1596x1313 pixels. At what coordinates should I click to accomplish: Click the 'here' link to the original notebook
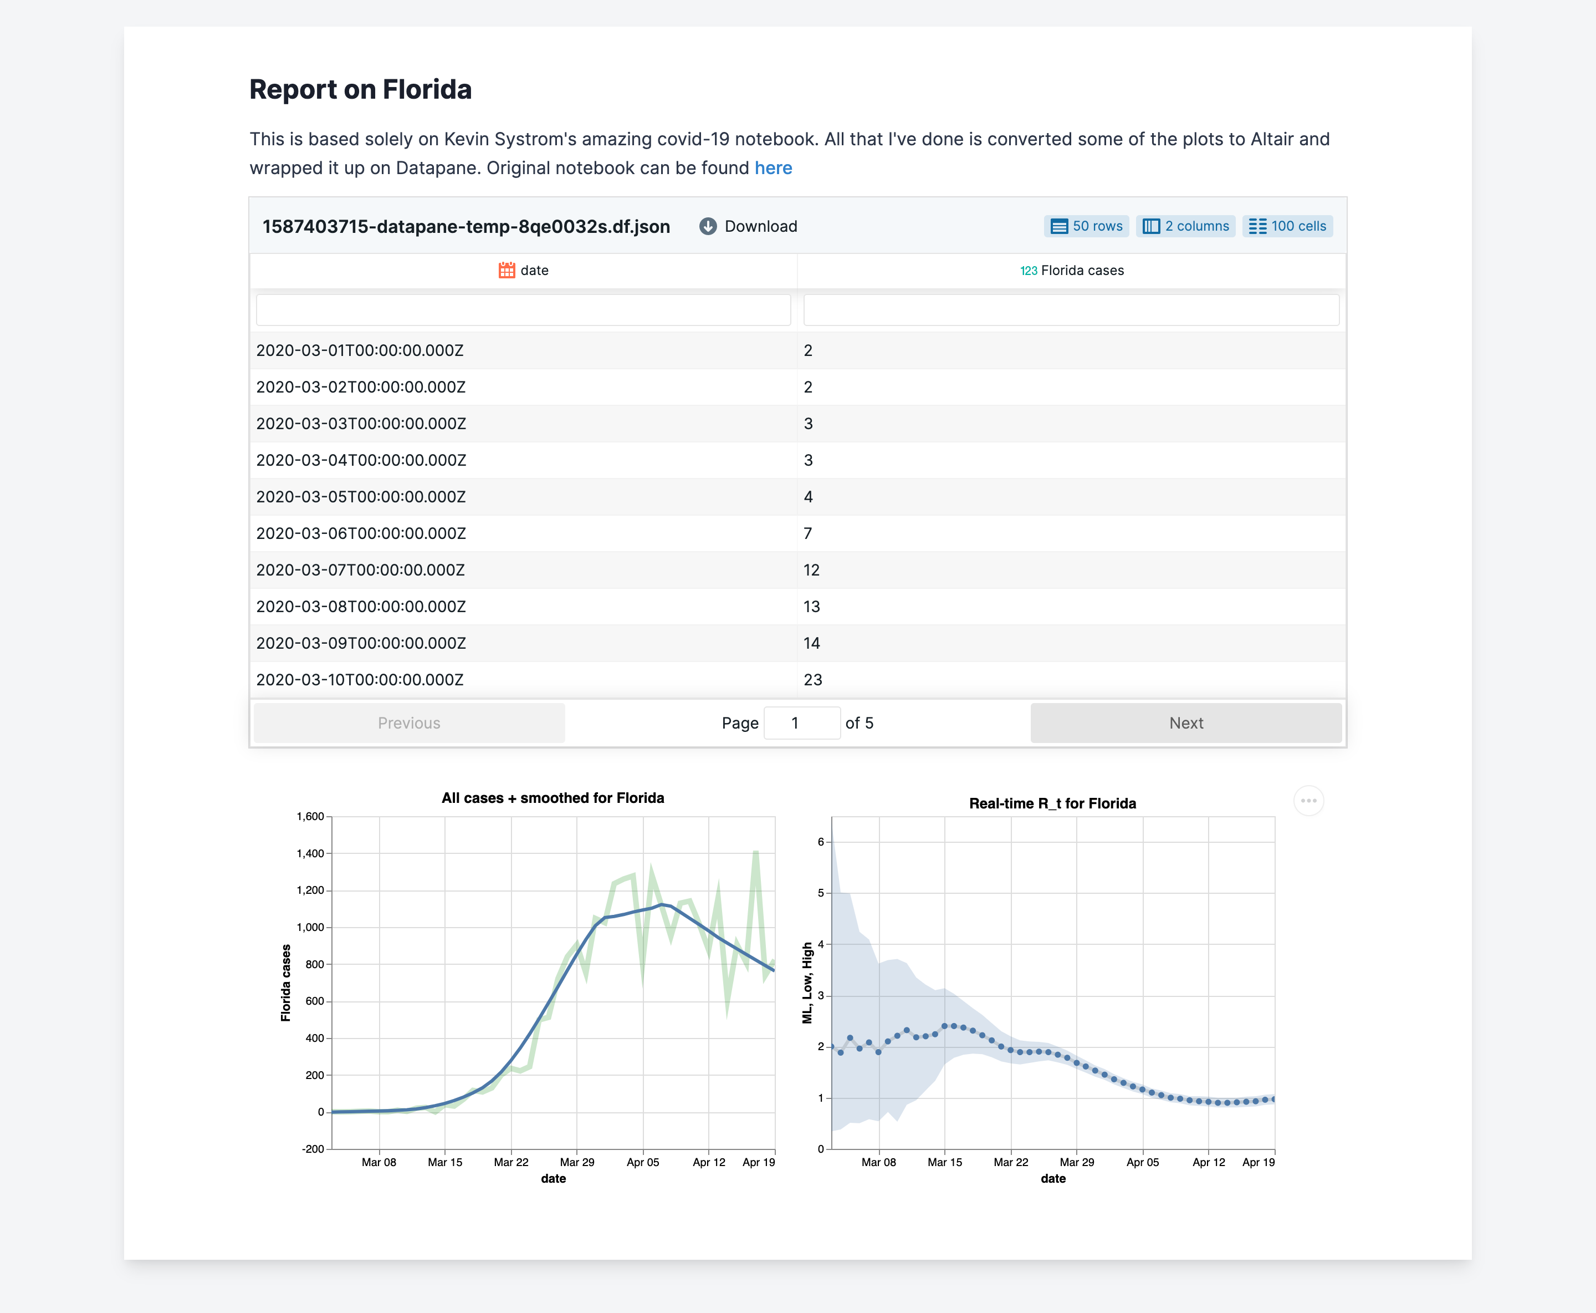(x=773, y=168)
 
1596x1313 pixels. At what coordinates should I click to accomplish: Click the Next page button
(x=1185, y=723)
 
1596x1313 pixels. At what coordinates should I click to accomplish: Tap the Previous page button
(x=409, y=723)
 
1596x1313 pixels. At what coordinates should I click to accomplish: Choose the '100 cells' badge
(x=1287, y=226)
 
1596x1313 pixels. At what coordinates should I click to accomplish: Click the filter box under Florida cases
(x=1071, y=310)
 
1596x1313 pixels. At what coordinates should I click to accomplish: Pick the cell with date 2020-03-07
(x=361, y=570)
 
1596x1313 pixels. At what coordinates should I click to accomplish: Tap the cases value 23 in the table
(x=813, y=680)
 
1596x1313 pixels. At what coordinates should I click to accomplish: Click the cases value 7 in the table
(x=808, y=534)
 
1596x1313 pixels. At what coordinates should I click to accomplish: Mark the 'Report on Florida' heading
(x=361, y=89)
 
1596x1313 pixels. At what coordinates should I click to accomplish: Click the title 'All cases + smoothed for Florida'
(x=553, y=798)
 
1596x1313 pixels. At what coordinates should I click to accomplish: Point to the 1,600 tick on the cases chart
(x=310, y=817)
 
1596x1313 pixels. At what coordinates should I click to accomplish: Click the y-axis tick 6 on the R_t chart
(x=821, y=842)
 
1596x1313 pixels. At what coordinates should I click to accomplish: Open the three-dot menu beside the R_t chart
(x=1309, y=801)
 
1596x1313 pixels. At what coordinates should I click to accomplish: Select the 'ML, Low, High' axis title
(x=807, y=983)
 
